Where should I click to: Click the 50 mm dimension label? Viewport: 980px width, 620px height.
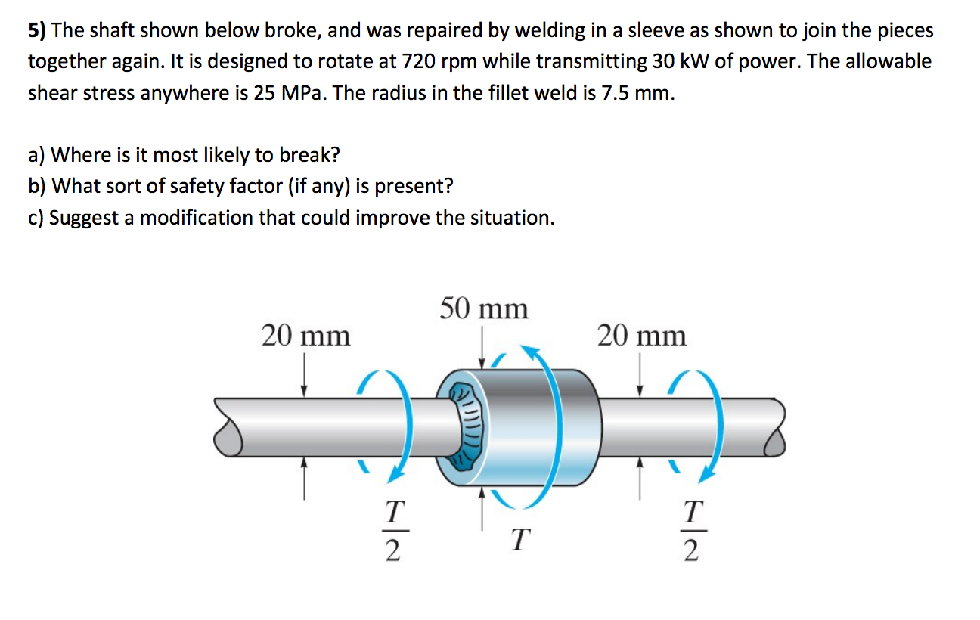pos(484,308)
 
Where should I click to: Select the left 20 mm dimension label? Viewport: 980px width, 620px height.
pos(305,335)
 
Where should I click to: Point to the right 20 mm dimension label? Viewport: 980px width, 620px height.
pos(641,335)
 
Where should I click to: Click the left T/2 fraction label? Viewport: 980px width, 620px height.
pos(390,532)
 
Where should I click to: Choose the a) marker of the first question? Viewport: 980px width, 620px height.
pos(36,155)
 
